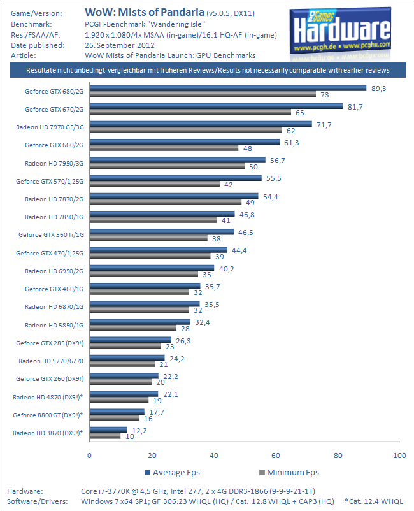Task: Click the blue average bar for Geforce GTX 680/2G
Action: tap(227, 88)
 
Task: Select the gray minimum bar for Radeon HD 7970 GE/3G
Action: tap(185, 131)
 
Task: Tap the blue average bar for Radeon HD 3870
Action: tap(108, 429)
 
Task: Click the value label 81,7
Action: tap(355, 106)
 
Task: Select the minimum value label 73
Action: tap(324, 95)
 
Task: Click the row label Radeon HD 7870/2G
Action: tap(54, 199)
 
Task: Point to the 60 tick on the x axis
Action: tap(275, 456)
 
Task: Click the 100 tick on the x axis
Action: tap(399, 456)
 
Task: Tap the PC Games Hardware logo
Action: tap(340, 31)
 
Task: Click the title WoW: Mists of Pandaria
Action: tap(145, 12)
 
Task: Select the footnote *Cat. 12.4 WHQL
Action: tap(373, 501)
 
